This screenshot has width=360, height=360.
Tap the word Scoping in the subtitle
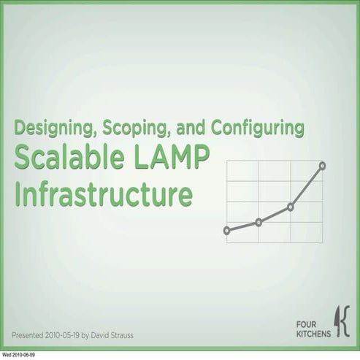(x=132, y=129)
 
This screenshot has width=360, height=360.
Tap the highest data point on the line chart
(x=322, y=166)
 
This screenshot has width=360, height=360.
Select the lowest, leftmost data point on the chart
(x=226, y=230)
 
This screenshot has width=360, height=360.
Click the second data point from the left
(x=258, y=222)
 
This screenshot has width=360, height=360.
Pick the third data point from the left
(x=290, y=207)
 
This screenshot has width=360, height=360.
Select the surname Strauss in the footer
(x=121, y=336)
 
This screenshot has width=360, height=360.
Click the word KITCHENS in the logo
(x=313, y=334)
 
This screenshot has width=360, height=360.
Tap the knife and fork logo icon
(x=342, y=321)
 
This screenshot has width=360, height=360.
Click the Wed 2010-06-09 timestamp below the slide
(x=18, y=356)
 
